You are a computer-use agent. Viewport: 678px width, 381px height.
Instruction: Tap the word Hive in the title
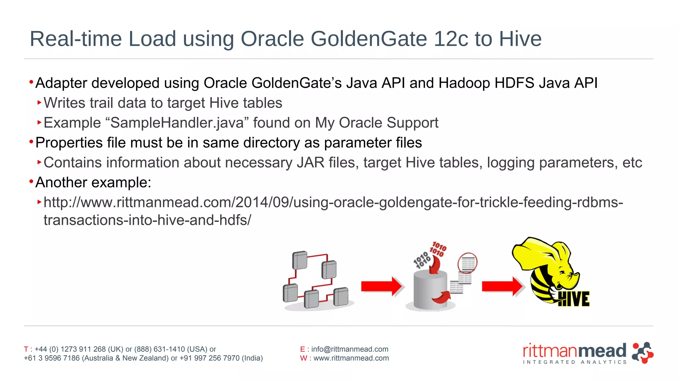pos(520,39)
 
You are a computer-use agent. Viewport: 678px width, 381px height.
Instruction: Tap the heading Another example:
pos(93,183)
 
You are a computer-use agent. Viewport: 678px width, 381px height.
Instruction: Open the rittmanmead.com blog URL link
pos(333,202)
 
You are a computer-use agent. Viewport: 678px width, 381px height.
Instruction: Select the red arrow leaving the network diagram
pos(382,286)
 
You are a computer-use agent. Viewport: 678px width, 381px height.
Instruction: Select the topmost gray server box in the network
pos(300,260)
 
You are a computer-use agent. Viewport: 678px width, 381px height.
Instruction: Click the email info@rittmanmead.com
pos(350,349)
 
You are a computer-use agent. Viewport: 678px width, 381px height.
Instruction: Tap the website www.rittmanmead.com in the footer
pos(351,358)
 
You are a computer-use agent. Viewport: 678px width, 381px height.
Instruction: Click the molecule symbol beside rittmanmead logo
pos(642,353)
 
